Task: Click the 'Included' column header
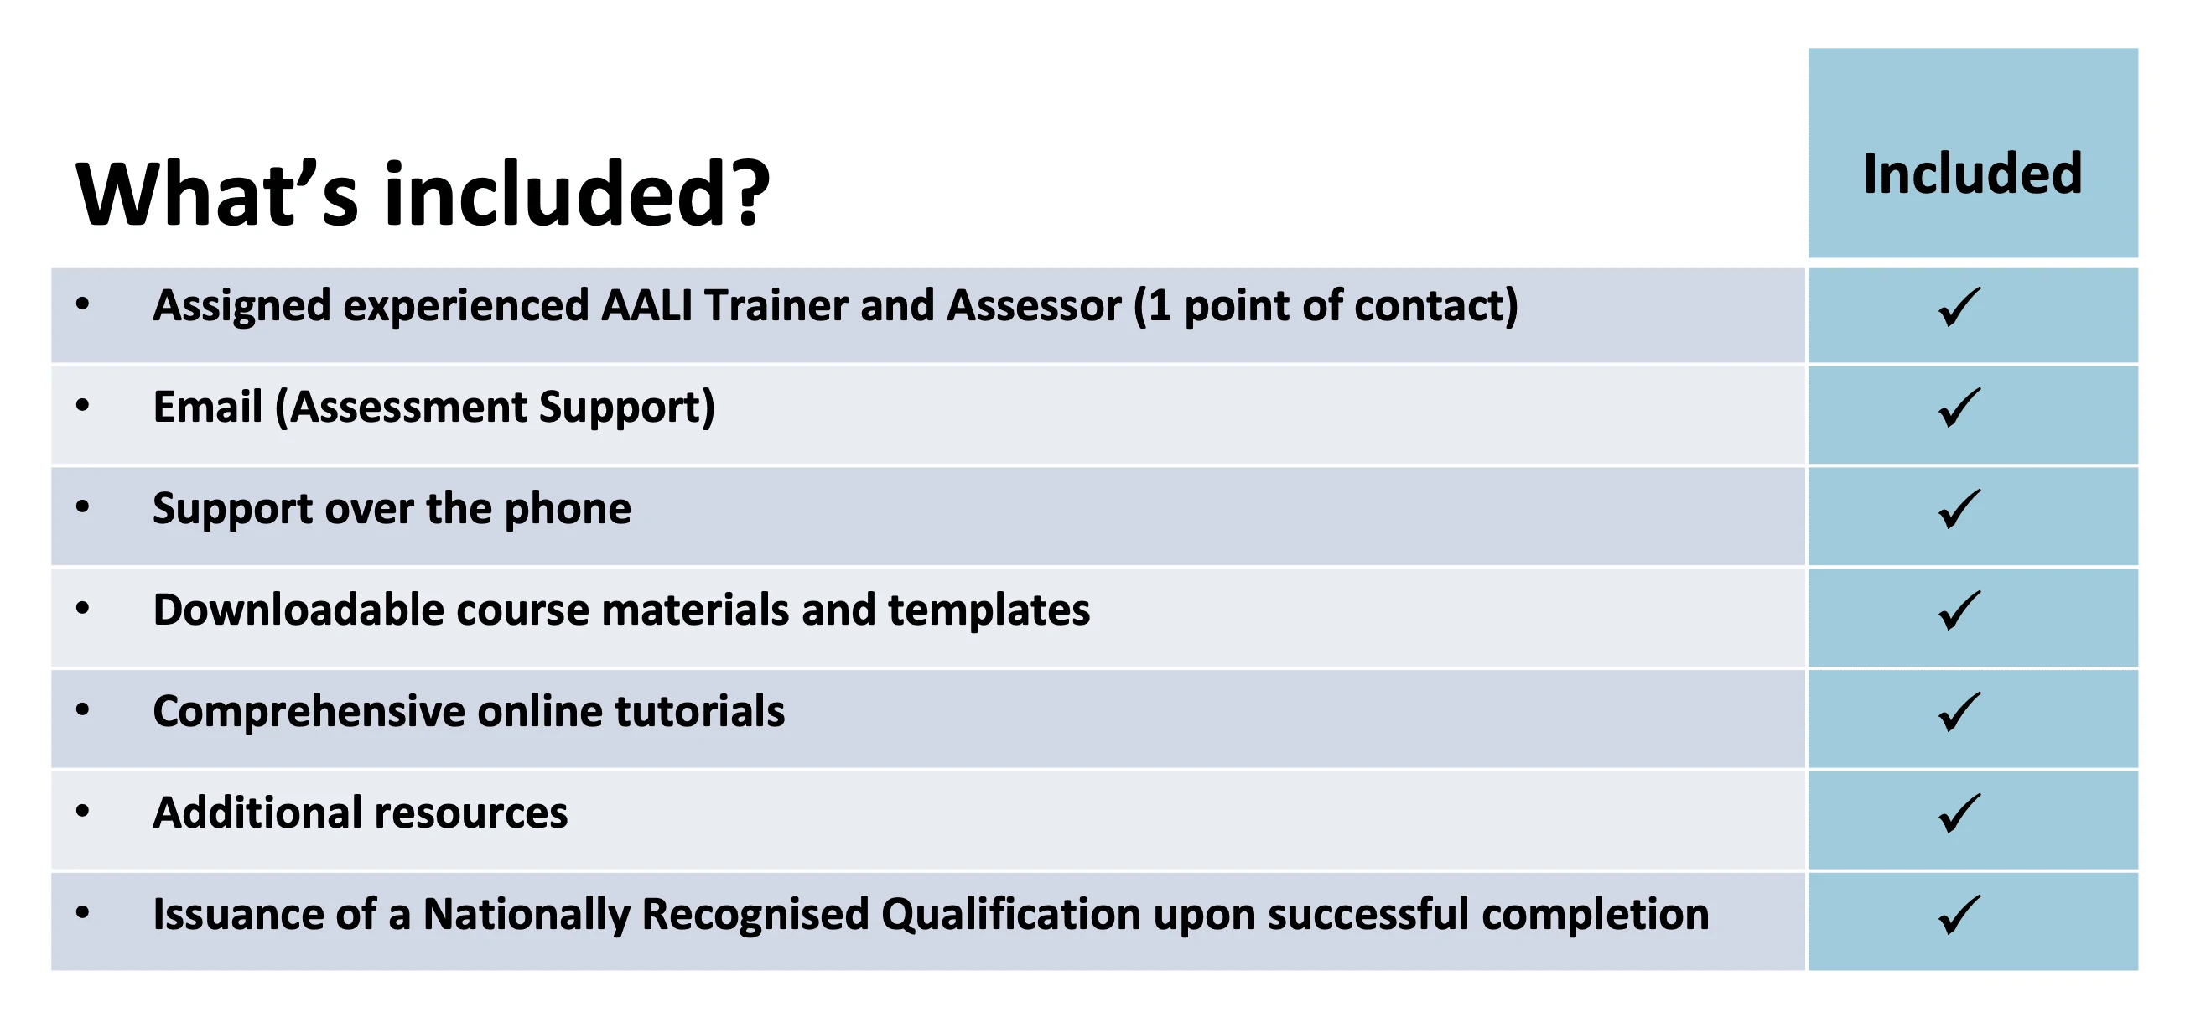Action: [1972, 174]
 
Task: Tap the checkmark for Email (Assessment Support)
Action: [1959, 408]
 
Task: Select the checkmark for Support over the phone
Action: [1959, 509]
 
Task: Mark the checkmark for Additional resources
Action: [1959, 813]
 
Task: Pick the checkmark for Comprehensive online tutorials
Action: [1959, 712]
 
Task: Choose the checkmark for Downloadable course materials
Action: [1959, 610]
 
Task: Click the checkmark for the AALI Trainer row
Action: [1959, 307]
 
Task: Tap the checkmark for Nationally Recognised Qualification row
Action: [1959, 914]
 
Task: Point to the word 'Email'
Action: [208, 407]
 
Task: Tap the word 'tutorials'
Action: [700, 711]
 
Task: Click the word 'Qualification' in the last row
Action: [1011, 914]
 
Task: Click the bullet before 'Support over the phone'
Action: [82, 507]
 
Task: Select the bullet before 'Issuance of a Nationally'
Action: [82, 912]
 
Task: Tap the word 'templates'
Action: [989, 610]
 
